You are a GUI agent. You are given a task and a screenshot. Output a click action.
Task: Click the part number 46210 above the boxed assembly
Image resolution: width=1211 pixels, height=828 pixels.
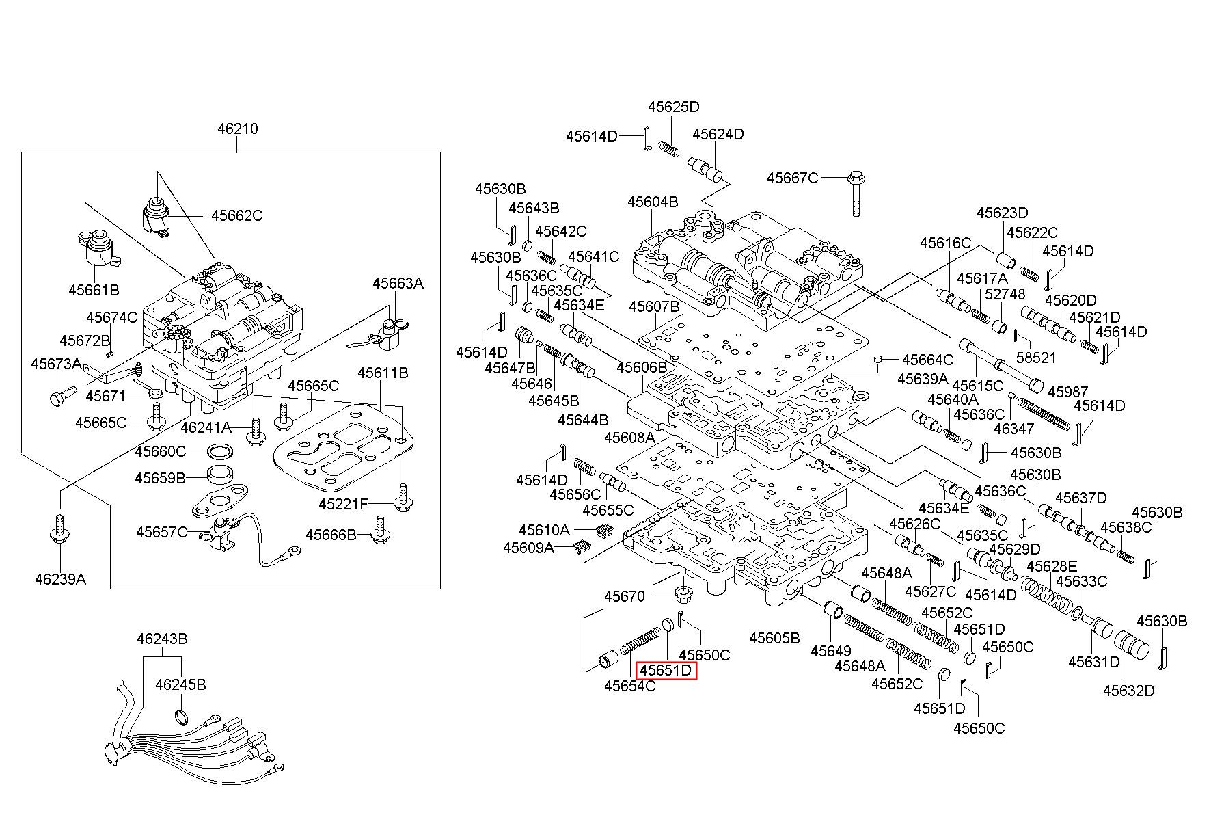click(238, 129)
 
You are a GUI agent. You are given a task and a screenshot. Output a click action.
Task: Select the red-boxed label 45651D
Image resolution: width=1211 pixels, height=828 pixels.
click(666, 671)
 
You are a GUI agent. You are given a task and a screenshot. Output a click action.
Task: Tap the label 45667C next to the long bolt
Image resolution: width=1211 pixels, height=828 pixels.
click(792, 178)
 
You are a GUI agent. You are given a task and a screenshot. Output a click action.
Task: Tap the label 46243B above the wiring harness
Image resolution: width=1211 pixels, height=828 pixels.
click(162, 639)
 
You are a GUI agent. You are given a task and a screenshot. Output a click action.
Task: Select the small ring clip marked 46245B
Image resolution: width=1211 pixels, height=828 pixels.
click(182, 717)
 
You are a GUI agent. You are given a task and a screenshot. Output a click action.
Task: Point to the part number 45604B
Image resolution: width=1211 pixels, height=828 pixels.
click(653, 202)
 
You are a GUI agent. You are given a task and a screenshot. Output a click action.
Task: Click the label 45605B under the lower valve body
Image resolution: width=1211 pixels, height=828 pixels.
click(774, 638)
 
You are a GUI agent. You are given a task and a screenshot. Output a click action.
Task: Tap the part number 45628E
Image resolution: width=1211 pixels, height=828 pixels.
click(1052, 566)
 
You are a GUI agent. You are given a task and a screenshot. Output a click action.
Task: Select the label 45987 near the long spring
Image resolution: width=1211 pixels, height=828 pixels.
click(1067, 392)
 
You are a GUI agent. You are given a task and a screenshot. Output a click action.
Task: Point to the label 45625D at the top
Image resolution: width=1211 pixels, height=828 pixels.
click(674, 107)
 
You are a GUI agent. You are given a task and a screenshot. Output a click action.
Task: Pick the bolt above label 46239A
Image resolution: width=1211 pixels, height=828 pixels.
click(60, 530)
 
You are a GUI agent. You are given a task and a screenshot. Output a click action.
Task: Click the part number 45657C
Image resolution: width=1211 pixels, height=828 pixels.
click(161, 532)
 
